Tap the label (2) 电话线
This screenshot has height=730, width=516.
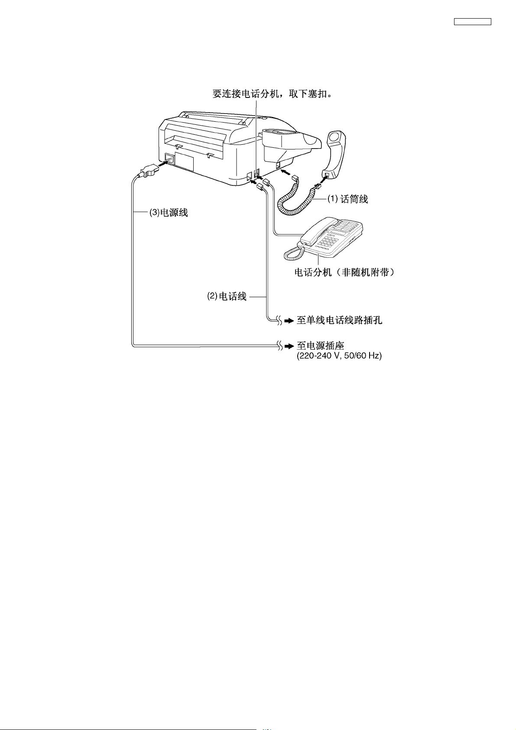tap(227, 297)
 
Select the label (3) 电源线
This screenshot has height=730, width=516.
tap(169, 213)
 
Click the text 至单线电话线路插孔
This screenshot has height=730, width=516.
tap(339, 321)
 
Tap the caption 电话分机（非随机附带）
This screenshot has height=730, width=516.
tap(344, 273)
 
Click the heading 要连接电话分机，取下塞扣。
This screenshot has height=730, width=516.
tap(273, 94)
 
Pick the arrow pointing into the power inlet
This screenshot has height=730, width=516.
tap(164, 164)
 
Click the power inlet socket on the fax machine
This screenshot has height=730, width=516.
tap(169, 159)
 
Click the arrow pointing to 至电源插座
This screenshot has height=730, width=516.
tap(289, 347)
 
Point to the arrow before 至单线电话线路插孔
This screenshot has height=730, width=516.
tap(289, 321)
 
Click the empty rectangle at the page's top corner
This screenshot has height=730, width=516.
tap(472, 22)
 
